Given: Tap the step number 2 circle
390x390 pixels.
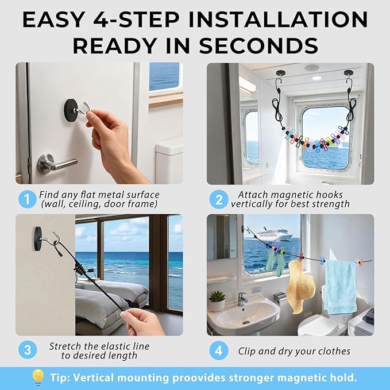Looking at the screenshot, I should (218, 200).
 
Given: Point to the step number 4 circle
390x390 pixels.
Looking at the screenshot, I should (218, 350).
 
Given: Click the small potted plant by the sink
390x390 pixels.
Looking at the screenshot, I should (217, 300).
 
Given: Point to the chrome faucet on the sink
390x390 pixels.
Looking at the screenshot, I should (242, 298).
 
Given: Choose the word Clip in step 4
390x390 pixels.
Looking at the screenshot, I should (249, 350).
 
